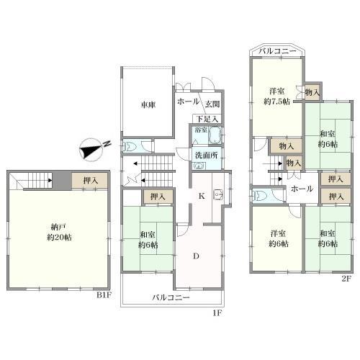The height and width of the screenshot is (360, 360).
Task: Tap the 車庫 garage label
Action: pos(148,105)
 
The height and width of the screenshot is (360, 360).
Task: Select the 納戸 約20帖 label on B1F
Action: pos(59,232)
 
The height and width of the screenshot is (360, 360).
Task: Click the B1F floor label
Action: pos(104,295)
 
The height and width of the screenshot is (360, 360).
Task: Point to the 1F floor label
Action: pos(218,313)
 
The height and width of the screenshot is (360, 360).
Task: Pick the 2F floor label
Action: pos(346,279)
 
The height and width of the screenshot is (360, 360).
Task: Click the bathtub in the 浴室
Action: pos(215,135)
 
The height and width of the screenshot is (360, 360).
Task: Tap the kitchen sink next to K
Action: pos(218,195)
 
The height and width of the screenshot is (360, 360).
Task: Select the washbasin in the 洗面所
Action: pos(199,166)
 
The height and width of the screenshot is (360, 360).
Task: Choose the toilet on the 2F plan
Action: pos(259,197)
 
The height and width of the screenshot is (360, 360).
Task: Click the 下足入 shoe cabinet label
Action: pos(207,119)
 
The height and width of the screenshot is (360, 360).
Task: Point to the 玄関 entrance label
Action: pos(212,104)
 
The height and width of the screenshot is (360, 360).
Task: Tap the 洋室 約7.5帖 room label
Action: pos(276,96)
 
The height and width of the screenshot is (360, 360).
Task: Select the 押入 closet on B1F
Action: pos(90,181)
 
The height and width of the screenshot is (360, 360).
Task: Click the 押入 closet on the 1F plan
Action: pos(158,197)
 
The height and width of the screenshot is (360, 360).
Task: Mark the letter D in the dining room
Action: pos(197,256)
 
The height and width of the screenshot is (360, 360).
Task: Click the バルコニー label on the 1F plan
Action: pos(171,298)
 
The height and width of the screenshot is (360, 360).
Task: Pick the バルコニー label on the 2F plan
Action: pos(278,52)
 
